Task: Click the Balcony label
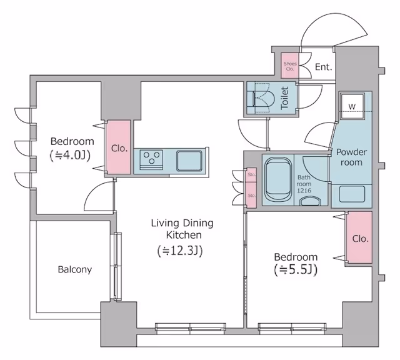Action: [x=75, y=269]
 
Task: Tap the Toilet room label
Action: [x=284, y=98]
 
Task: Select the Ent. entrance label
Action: [x=324, y=67]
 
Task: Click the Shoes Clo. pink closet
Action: [x=290, y=66]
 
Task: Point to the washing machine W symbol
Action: [x=352, y=107]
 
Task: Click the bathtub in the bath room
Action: [x=277, y=179]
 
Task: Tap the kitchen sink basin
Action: [x=189, y=161]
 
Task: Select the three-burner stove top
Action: [x=151, y=160]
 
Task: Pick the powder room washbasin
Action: [x=352, y=194]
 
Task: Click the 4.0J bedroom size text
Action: [x=70, y=156]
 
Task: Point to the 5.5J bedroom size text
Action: [x=296, y=270]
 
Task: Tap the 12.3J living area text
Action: [x=180, y=251]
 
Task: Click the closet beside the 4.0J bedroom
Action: [x=118, y=147]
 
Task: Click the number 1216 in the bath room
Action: [x=304, y=191]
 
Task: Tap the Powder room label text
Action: [x=351, y=157]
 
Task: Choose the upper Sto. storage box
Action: [x=252, y=175]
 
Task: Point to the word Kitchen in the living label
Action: [x=184, y=235]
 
